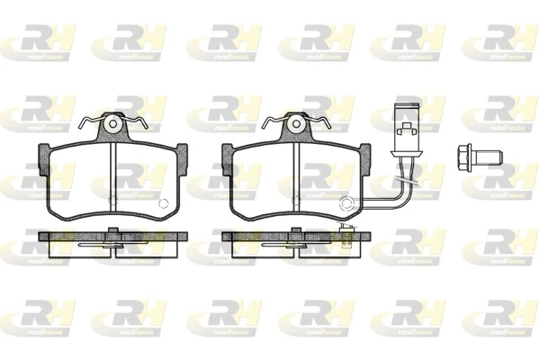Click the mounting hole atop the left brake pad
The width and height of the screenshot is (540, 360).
[112, 122]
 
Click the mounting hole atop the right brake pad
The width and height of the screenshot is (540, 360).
[295, 122]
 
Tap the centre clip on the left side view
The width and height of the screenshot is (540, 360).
[112, 237]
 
